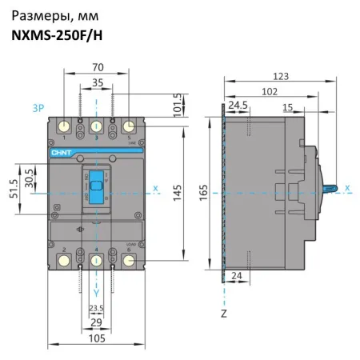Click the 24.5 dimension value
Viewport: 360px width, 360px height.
click(238, 105)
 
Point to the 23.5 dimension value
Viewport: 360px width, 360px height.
click(95, 308)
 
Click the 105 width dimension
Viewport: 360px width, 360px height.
click(95, 339)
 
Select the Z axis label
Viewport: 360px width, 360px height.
click(223, 314)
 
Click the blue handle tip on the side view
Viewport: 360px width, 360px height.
click(336, 188)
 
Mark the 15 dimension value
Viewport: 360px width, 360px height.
click(286, 105)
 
